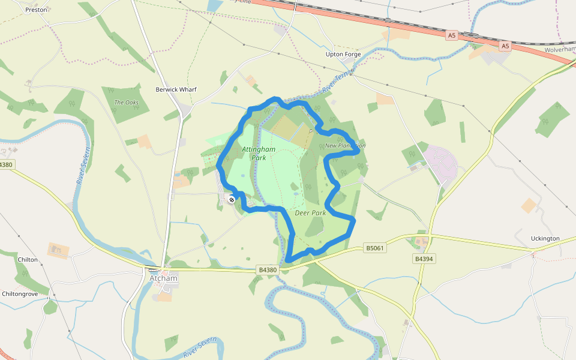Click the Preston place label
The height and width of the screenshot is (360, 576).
pyautogui.click(x=36, y=10)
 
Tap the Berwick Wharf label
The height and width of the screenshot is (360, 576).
pyautogui.click(x=176, y=89)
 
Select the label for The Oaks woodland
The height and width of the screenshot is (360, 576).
pyautogui.click(x=126, y=103)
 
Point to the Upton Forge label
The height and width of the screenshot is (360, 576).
pyautogui.click(x=343, y=54)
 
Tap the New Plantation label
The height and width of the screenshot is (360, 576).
pyautogui.click(x=345, y=146)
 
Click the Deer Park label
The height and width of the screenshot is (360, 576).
pyautogui.click(x=310, y=213)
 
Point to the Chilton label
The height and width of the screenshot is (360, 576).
pyautogui.click(x=28, y=260)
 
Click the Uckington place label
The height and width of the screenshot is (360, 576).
pyautogui.click(x=545, y=238)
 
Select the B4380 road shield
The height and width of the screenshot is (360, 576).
pyautogui.click(x=268, y=270)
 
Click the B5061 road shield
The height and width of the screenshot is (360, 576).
pyautogui.click(x=374, y=247)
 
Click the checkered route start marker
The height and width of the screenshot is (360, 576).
pyautogui.click(x=231, y=200)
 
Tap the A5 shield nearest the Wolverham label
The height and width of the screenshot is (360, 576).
pyautogui.click(x=505, y=46)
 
